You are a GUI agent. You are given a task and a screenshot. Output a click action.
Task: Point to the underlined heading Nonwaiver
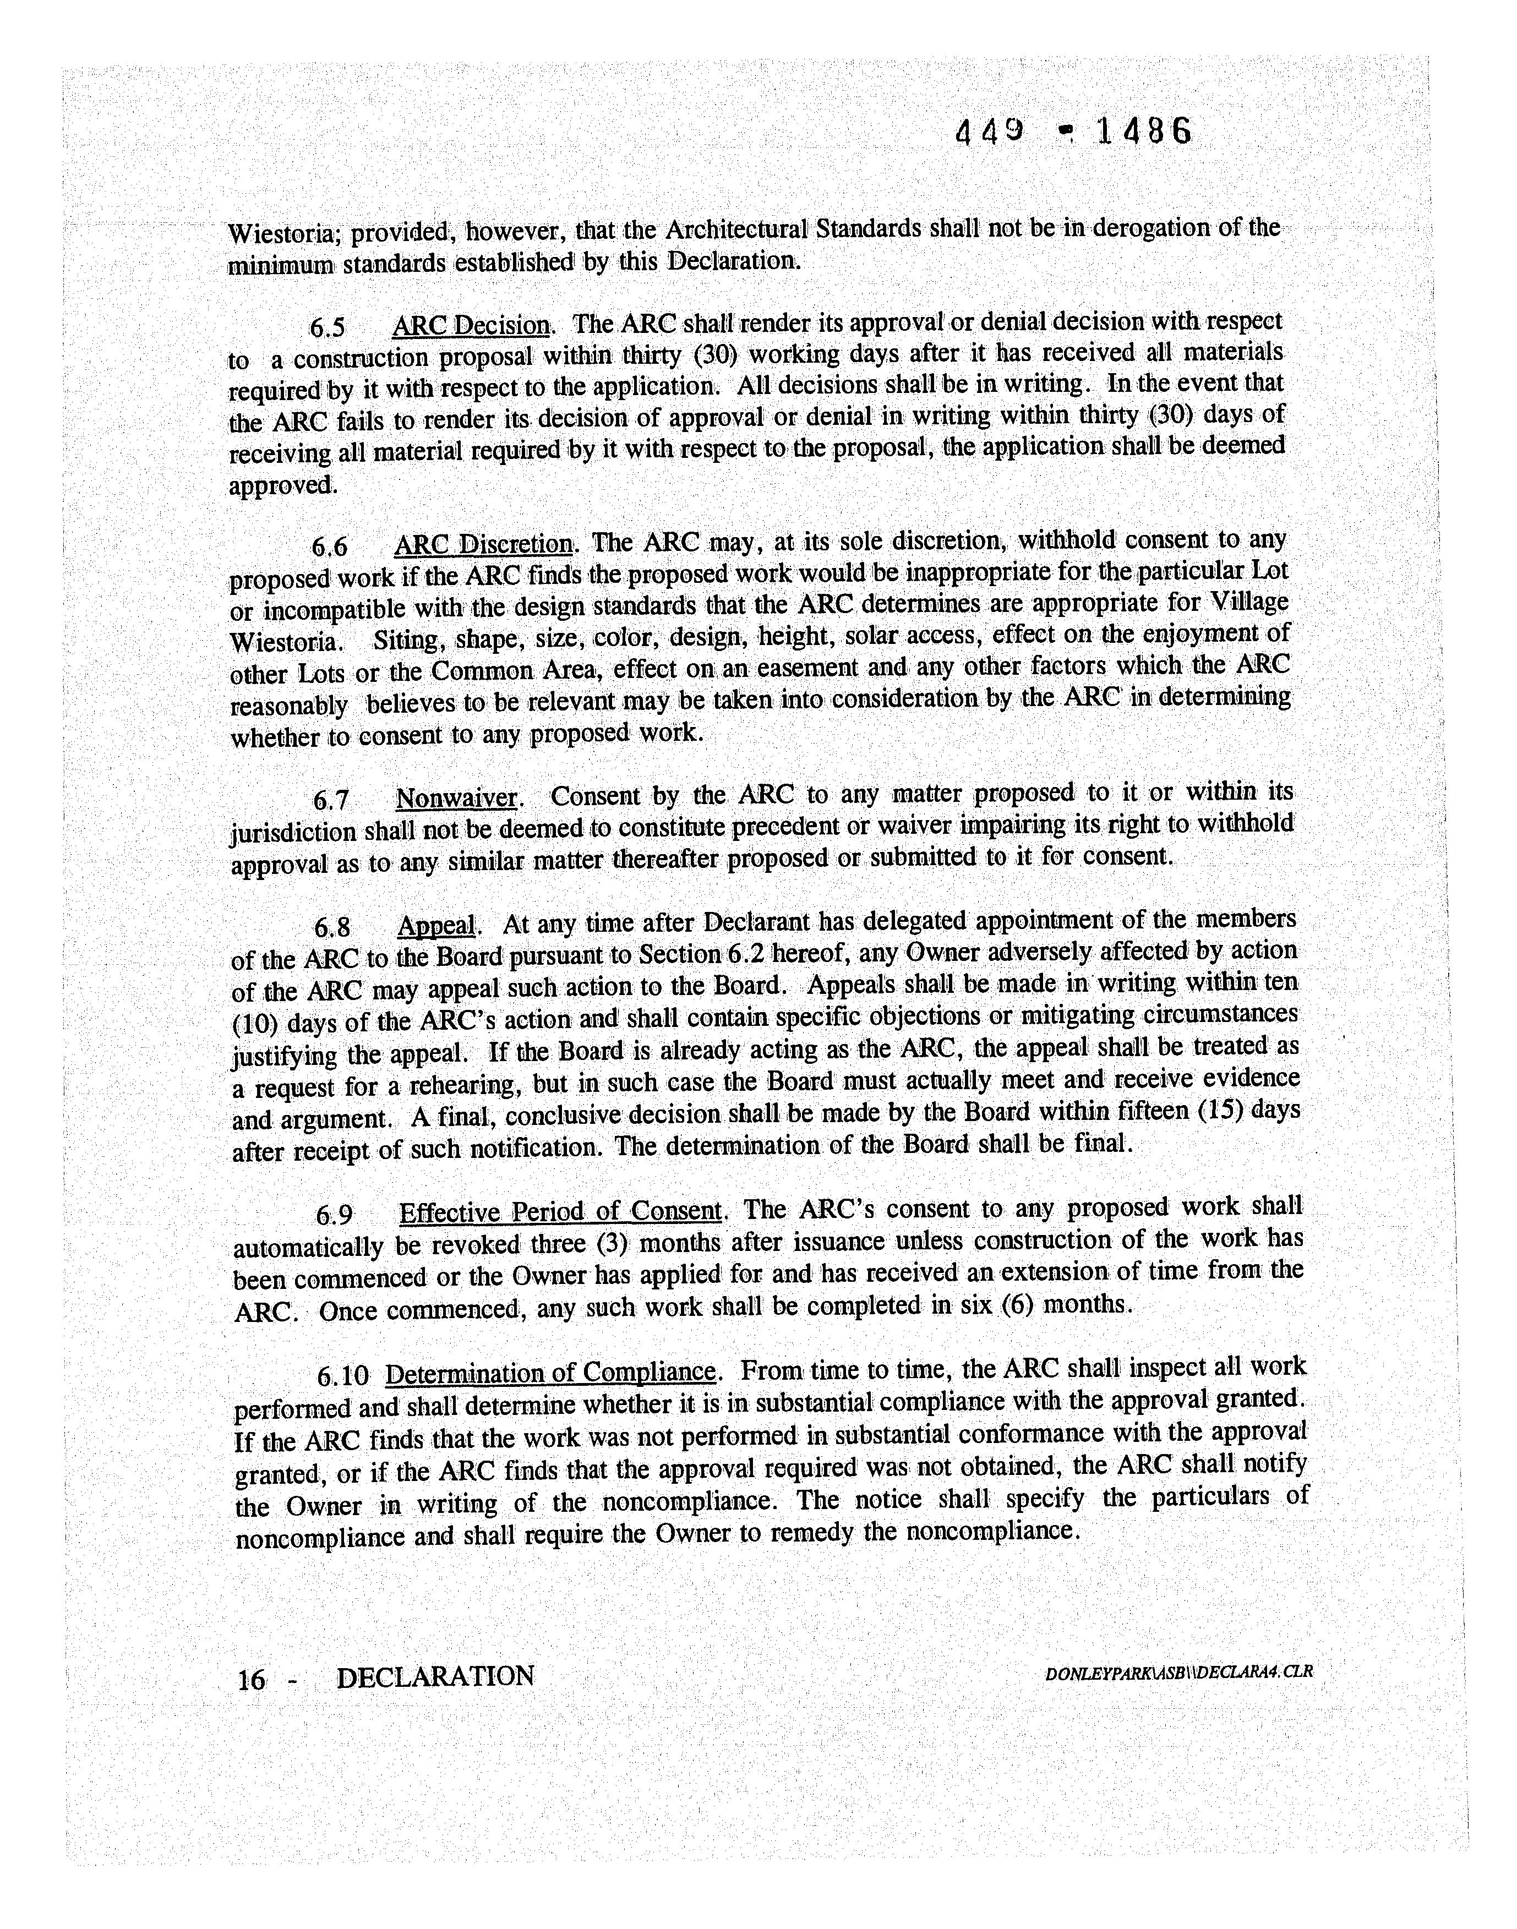(456, 799)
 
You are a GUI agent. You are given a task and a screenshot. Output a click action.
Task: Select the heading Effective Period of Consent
(560, 1212)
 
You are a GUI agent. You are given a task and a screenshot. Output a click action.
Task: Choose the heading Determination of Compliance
(550, 1374)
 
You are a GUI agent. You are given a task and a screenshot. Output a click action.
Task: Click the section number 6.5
(327, 329)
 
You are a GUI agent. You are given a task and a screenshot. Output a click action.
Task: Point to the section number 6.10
(342, 1376)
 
